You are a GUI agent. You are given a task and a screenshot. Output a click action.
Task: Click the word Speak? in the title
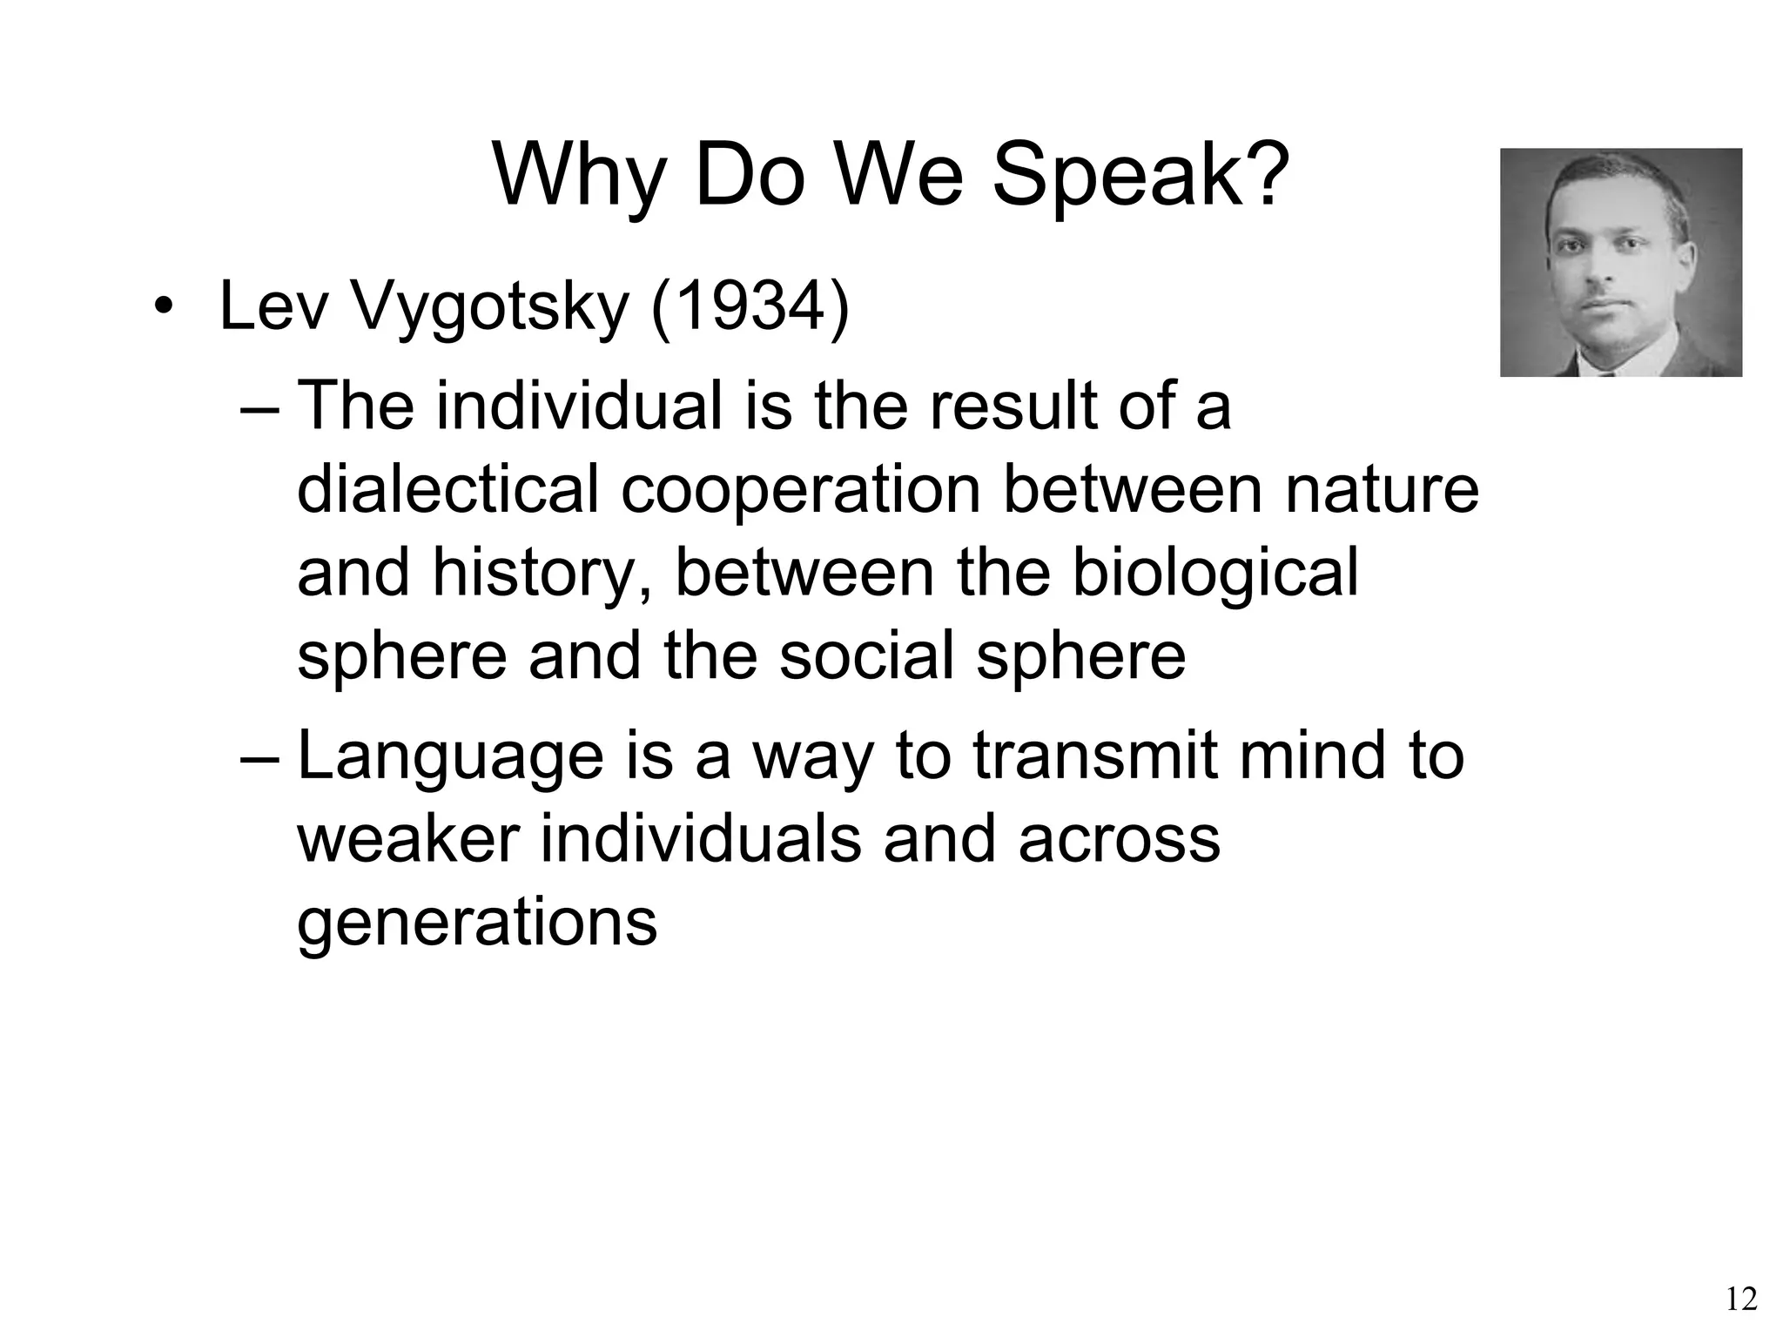pyautogui.click(x=1140, y=177)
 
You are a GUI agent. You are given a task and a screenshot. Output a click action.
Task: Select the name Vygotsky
pyautogui.click(x=488, y=308)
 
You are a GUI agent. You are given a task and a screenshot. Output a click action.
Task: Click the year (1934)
pyautogui.click(x=750, y=308)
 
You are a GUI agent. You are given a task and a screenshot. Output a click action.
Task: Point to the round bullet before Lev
pyautogui.click(x=162, y=309)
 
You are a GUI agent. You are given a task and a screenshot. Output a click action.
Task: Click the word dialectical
pyautogui.click(x=448, y=489)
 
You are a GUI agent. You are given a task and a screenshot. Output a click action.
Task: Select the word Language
pyautogui.click(x=450, y=757)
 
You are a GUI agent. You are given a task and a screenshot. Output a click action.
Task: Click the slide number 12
pyautogui.click(x=1740, y=1300)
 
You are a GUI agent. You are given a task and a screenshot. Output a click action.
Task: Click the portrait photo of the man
pyautogui.click(x=1620, y=262)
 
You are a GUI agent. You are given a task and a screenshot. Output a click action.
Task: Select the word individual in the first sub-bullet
pyautogui.click(x=579, y=406)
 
